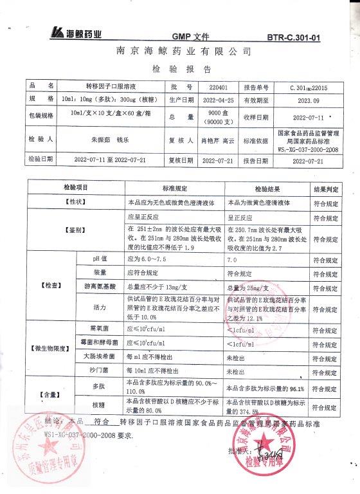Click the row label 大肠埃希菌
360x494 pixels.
click(x=95, y=356)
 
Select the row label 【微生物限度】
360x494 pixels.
click(x=50, y=349)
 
